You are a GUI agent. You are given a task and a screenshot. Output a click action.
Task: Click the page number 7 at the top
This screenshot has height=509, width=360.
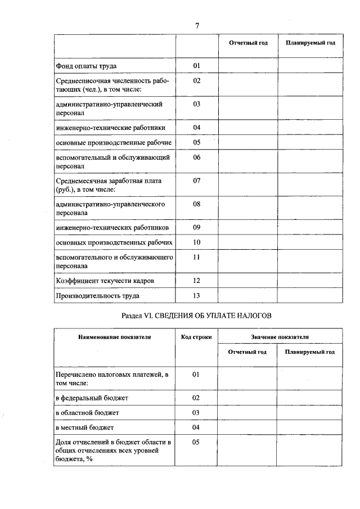pos(197,26)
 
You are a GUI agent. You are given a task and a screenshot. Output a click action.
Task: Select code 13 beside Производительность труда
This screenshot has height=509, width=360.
pos(197,295)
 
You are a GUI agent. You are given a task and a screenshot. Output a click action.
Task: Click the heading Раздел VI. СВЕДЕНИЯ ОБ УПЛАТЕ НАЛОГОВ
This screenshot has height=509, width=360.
pos(197,317)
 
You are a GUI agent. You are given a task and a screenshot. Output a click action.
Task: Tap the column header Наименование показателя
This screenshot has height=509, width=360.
pos(114,337)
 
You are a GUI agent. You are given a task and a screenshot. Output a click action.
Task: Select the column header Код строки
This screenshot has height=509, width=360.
pos(196,337)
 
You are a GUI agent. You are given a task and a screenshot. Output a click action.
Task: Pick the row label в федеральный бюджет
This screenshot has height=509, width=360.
pos(92,398)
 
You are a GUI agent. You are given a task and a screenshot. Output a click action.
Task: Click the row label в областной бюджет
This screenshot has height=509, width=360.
pos(87,412)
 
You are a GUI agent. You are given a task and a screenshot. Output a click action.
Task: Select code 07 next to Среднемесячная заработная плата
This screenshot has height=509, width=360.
pos(197,181)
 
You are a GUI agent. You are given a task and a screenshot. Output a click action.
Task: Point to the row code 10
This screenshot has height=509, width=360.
pos(197,242)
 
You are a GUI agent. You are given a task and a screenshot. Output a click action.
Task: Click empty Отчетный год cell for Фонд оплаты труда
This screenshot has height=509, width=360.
pos(247,66)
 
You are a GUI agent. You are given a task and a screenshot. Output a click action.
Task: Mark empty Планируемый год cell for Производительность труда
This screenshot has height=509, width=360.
pos(310,295)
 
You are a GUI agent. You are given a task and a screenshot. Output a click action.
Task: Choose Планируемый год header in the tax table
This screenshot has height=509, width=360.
pos(310,352)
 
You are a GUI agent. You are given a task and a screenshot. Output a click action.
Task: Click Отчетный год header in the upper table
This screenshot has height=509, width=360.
pos(248,43)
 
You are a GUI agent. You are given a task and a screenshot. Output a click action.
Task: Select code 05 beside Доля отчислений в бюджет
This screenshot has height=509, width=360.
pos(196,442)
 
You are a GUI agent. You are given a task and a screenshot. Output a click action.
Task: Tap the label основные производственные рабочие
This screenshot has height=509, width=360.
pos(114,142)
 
